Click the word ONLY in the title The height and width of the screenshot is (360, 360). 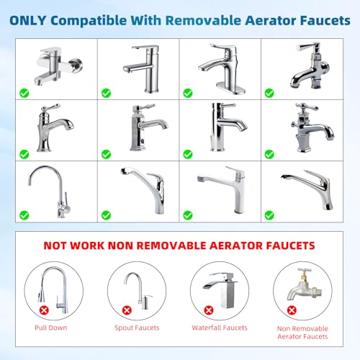point(28,20)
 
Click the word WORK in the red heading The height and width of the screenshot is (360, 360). point(88,246)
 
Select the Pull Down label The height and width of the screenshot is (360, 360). point(51,328)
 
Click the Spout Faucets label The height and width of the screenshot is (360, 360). point(137,328)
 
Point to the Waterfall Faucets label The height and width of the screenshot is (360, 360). point(220,328)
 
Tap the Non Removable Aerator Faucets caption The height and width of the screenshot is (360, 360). point(302,333)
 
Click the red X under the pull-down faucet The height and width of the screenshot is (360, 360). point(44,310)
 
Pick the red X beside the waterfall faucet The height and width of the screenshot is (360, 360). point(209,310)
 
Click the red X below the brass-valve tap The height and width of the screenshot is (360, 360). point(292,310)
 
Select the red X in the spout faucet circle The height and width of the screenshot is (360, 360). point(127,310)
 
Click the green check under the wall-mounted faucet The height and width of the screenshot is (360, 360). point(24,93)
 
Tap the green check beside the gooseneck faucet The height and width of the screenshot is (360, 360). point(24,215)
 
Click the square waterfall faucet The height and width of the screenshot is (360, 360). point(220,289)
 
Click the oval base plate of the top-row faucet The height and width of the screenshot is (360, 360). point(230,88)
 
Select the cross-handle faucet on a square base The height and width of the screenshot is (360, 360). point(312,127)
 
